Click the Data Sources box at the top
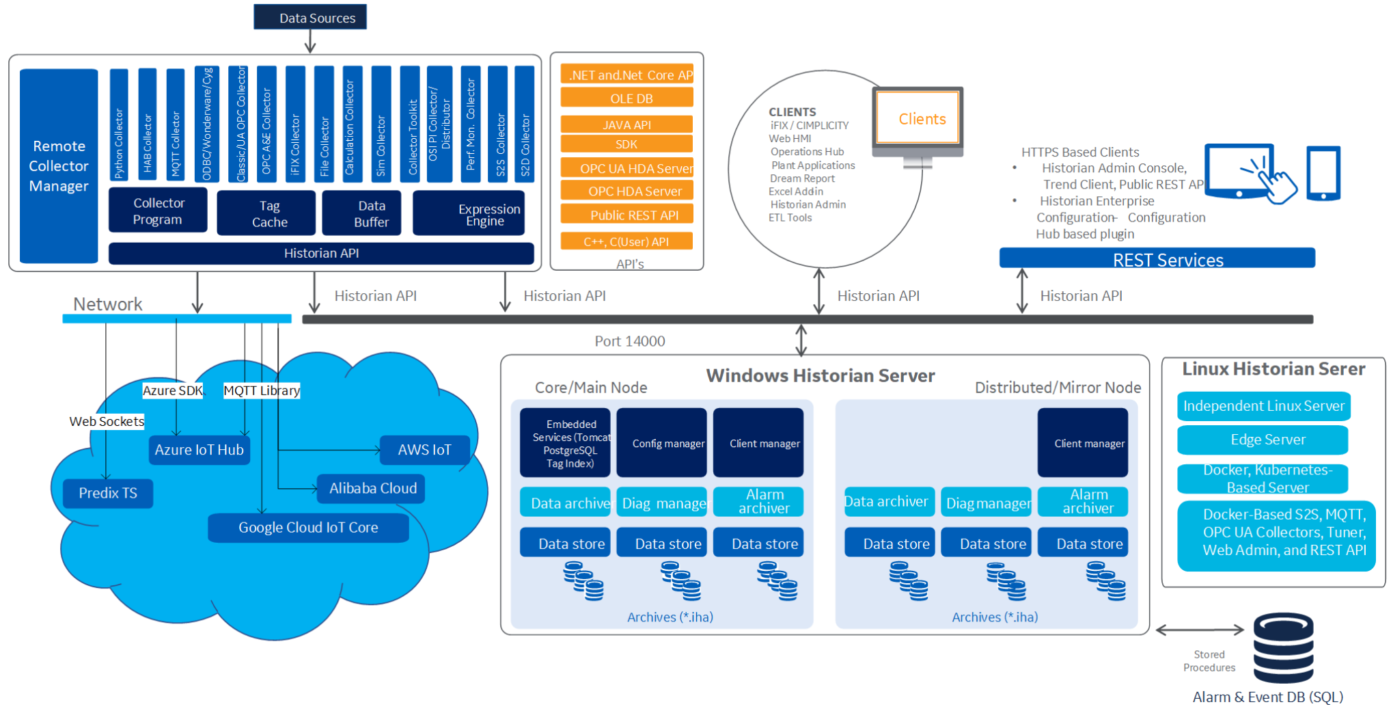(x=310, y=17)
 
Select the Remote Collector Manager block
(x=59, y=165)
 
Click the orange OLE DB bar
(x=626, y=98)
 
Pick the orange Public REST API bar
(x=626, y=215)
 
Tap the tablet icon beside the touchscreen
(x=1323, y=173)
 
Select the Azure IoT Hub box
(x=199, y=450)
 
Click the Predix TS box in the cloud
(x=108, y=493)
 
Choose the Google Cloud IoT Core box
(x=308, y=528)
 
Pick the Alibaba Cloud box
(x=372, y=488)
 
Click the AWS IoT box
(x=424, y=450)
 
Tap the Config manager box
(x=661, y=443)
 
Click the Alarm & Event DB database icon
(x=1283, y=648)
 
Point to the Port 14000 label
(x=629, y=341)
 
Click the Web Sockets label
(x=107, y=421)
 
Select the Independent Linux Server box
(x=1263, y=406)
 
